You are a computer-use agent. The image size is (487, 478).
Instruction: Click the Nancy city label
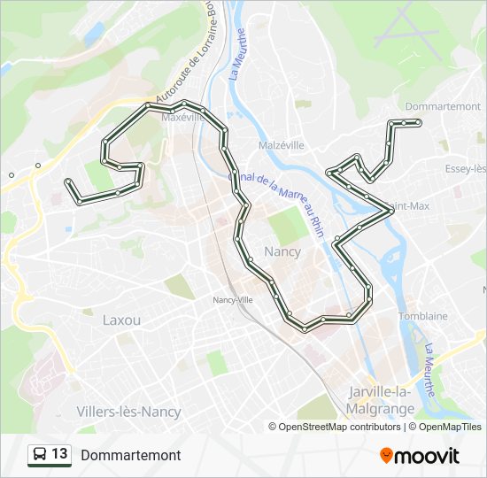coord(282,251)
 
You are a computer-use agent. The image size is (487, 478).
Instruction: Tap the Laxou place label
coord(121,319)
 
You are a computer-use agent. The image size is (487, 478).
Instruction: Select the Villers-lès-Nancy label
coord(128,412)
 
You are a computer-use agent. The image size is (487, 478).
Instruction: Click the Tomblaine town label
coord(422,316)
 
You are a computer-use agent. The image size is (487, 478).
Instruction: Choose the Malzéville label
coord(282,145)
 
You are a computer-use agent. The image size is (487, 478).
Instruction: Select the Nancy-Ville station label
coord(233,299)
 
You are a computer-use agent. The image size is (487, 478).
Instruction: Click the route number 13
coord(59,454)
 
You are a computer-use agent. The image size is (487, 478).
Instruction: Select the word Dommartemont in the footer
coord(130,455)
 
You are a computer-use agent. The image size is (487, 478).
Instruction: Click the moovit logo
coord(420,456)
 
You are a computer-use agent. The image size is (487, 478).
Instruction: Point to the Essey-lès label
coord(465,168)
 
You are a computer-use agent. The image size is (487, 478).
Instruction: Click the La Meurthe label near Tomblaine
coord(433,370)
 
